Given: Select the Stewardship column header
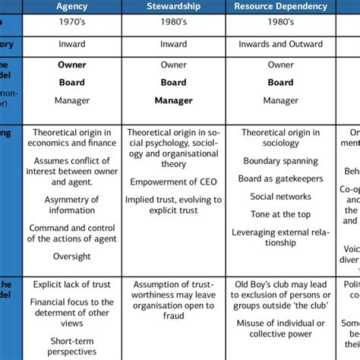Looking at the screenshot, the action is [173, 7].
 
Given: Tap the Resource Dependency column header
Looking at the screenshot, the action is [280, 7].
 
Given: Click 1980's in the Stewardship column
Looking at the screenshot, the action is [173, 24].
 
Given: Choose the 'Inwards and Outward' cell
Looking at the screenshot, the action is [280, 45].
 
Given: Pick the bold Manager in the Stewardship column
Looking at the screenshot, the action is [173, 99].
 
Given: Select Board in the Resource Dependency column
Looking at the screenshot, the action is [280, 82].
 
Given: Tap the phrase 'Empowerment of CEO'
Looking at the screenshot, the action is [173, 182].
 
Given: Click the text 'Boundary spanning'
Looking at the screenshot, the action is [280, 161].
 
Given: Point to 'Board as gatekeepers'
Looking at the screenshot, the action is [280, 179].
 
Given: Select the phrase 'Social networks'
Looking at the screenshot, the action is [280, 197].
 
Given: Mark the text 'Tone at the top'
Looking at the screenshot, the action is [280, 214].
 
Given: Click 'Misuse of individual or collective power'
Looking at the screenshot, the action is [280, 326].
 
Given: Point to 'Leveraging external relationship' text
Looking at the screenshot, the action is [280, 237].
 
